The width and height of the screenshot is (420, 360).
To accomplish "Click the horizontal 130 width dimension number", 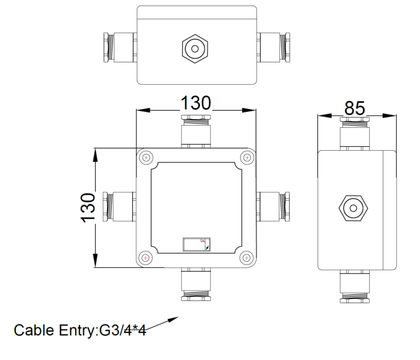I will point(196,103).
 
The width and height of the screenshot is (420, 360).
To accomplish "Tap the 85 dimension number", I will point(354,108).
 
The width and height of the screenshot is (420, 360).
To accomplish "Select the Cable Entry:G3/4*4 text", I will point(80,330).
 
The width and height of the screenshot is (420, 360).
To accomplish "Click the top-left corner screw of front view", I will point(145,158).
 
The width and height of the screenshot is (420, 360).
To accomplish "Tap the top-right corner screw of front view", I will point(247,158).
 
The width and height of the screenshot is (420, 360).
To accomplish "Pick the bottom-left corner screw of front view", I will point(145,258).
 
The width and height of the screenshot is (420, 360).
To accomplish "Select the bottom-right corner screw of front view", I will point(247,258).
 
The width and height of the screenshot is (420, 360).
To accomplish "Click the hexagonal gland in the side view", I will point(351,208).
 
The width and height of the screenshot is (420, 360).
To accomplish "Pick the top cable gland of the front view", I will point(196,130).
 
